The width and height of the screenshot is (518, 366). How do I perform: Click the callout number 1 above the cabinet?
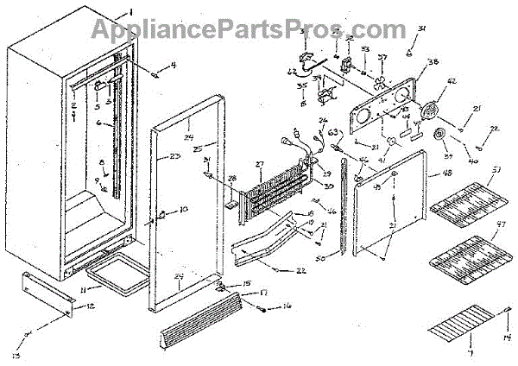pyautogui.click(x=130, y=10)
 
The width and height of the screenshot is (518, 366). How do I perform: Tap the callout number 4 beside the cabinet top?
pyautogui.click(x=173, y=65)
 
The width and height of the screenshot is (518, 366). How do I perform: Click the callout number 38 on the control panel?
pyautogui.click(x=433, y=62)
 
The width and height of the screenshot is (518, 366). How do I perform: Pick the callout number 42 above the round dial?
pyautogui.click(x=451, y=85)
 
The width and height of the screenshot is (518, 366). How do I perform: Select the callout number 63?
pyautogui.click(x=332, y=133)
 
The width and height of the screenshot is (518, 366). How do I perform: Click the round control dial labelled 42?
pyautogui.click(x=426, y=110)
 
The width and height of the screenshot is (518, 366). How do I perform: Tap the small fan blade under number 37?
pyautogui.click(x=381, y=85)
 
